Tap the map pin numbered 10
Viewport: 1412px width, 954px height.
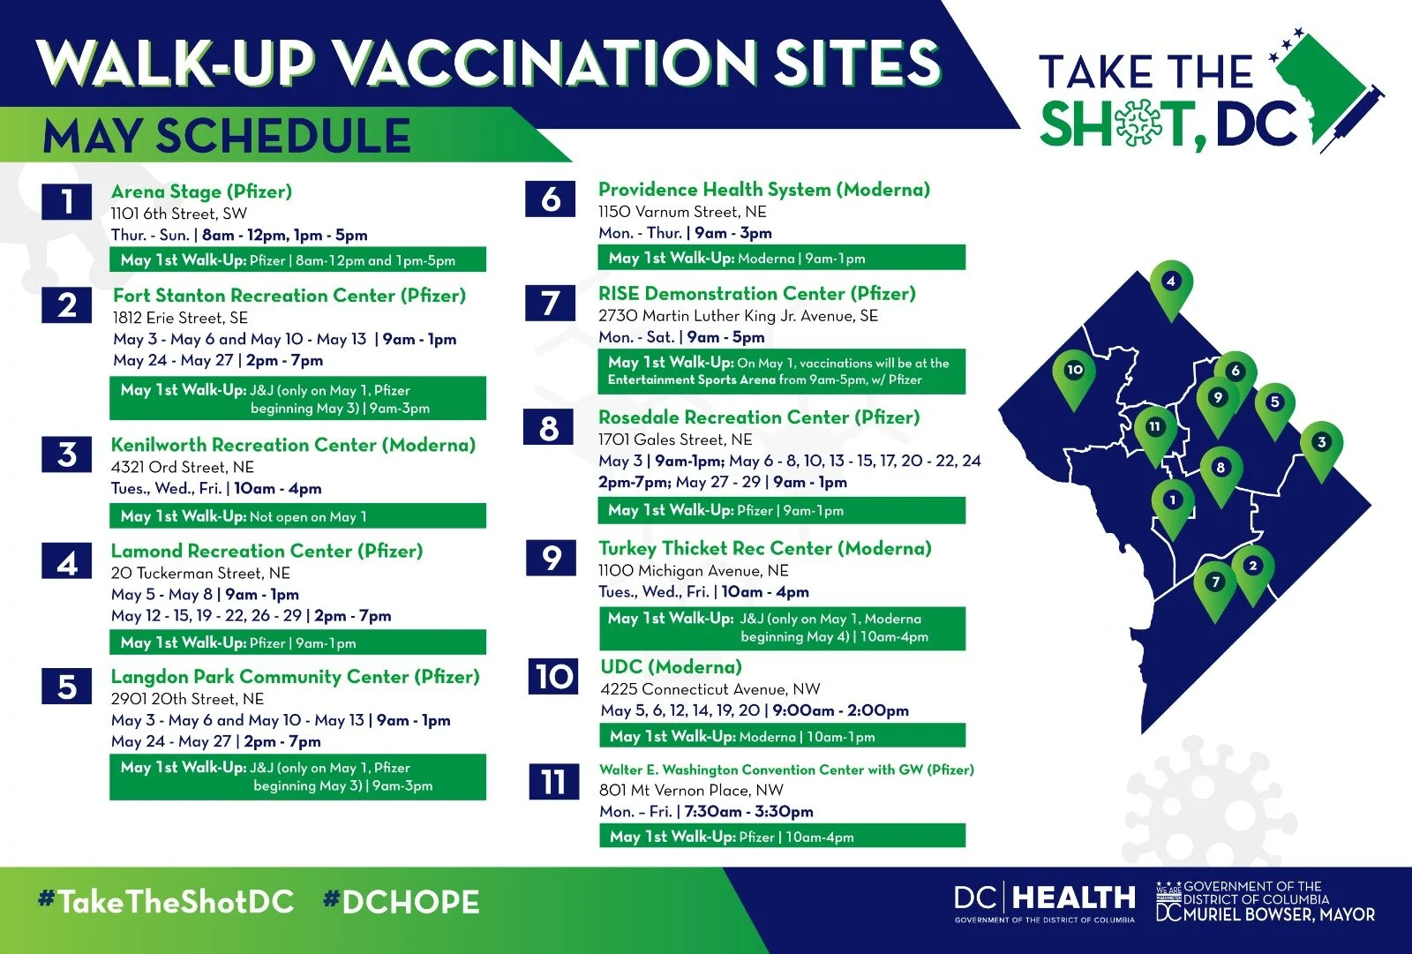1074,372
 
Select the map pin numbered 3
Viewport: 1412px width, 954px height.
1320,444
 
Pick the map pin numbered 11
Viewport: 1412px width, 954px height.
1154,429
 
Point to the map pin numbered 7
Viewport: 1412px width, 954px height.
1215,583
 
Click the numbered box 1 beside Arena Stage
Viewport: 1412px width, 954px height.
66,202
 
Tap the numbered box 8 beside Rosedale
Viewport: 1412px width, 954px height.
549,429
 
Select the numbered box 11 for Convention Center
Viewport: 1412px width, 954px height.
553,782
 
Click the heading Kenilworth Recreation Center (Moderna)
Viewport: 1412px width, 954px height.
293,445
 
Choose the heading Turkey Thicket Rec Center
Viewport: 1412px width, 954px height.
764,548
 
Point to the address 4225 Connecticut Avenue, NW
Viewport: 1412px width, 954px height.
710,689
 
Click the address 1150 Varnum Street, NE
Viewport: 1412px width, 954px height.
682,212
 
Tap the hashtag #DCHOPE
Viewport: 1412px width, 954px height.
402,902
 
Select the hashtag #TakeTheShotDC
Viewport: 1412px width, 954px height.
166,902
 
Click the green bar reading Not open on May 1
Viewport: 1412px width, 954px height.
297,516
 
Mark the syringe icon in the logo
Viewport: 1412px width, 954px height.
1350,119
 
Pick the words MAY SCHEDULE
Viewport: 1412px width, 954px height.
227,137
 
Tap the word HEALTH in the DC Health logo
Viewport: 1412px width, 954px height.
1074,898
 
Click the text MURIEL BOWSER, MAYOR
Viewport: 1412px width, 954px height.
1279,915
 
